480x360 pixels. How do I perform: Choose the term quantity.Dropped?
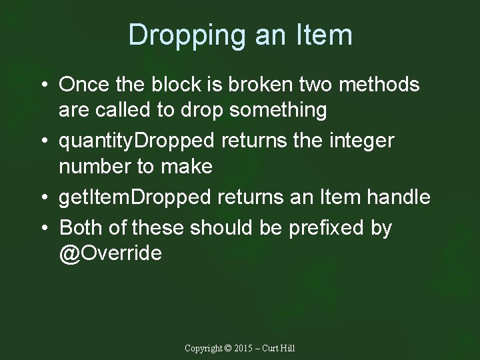141,141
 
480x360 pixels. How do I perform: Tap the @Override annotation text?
111,253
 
